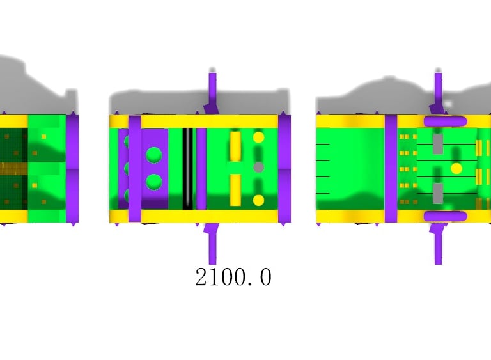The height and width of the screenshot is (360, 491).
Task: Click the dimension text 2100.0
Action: tap(233, 277)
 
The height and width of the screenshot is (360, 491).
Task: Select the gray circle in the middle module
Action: tap(258, 168)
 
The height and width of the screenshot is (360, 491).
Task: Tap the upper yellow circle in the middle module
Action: tap(259, 137)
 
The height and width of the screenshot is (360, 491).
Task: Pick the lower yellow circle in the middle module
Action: tap(258, 200)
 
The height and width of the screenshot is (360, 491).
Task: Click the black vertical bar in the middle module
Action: tap(187, 169)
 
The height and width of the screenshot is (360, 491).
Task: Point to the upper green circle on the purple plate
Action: tap(154, 155)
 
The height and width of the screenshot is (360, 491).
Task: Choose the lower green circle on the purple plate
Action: tap(154, 182)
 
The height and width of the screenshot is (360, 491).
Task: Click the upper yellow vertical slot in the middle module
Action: tap(235, 146)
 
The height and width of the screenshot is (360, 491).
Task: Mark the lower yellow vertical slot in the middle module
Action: tap(235, 190)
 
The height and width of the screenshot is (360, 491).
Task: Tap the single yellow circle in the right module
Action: tap(456, 169)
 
